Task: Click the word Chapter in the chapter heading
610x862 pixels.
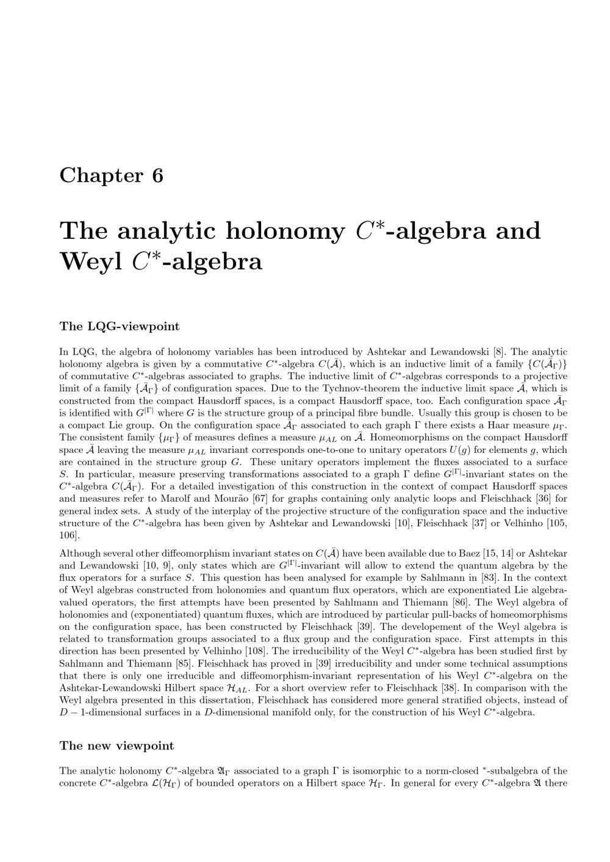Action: [x=101, y=176]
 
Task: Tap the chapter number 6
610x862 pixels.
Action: [x=158, y=176]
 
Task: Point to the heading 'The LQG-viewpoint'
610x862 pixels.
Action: [x=120, y=326]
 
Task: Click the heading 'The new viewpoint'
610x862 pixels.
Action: [x=117, y=746]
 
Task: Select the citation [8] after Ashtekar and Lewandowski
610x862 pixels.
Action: [x=498, y=352]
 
